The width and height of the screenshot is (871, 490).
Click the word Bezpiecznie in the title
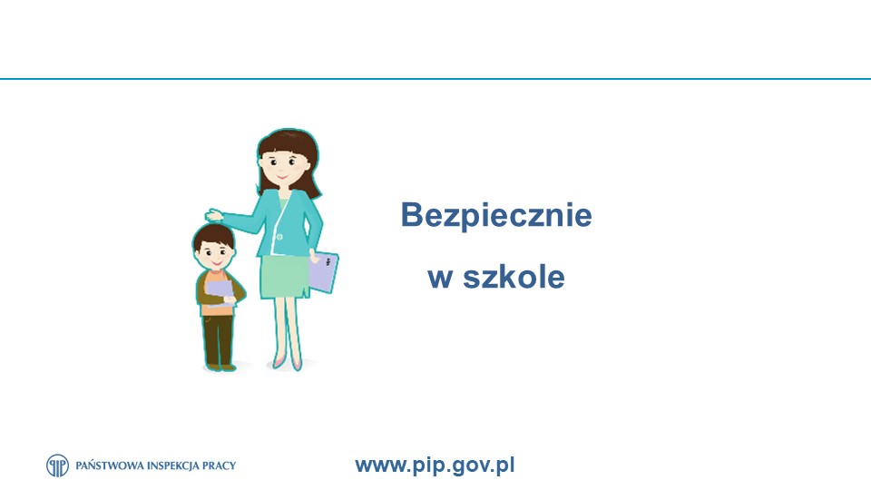point(496,216)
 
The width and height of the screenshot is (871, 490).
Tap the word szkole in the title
point(514,276)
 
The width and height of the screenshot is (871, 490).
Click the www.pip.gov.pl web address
point(435,465)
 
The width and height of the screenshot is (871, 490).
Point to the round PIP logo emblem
point(58,465)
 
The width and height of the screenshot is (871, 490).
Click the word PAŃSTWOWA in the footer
point(110,465)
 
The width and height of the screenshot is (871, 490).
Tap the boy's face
point(215,257)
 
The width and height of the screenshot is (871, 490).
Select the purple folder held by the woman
point(323,272)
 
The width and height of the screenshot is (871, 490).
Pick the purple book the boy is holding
point(220,293)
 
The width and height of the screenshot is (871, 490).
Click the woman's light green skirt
point(285,277)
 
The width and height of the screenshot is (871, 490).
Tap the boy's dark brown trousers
point(218,339)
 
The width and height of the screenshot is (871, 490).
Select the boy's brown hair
point(214,236)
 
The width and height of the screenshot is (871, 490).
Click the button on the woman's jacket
point(279,237)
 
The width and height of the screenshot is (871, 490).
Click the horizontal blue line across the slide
point(435,79)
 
